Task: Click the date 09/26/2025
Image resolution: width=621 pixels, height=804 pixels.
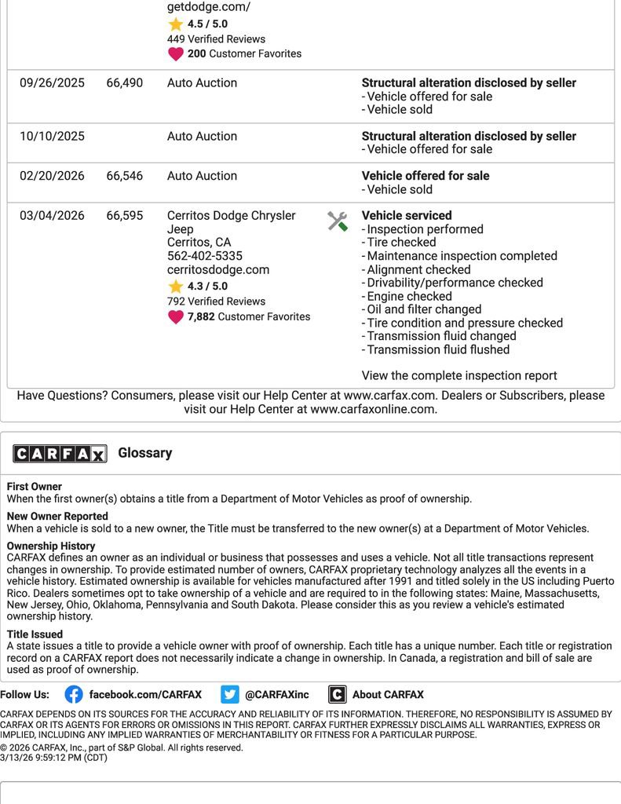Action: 52,82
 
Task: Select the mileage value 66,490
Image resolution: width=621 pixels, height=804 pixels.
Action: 125,82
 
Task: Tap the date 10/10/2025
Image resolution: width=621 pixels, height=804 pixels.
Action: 52,136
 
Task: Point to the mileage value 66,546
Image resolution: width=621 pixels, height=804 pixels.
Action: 125,176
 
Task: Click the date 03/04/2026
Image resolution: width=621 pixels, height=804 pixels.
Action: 52,215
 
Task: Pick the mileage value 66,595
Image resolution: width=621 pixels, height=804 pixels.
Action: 125,215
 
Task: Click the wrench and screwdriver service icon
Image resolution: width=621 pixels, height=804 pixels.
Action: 338,221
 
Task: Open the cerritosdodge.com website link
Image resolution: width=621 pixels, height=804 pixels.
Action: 218,269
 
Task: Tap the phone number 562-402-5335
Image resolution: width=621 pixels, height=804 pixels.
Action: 205,256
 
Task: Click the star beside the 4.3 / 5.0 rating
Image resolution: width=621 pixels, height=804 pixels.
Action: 176,287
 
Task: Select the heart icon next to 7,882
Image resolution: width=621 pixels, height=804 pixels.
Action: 176,317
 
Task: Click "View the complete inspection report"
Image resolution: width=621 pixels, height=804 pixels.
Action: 459,375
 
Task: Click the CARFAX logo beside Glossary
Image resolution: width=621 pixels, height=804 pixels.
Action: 60,453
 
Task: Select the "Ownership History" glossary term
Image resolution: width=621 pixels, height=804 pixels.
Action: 51,546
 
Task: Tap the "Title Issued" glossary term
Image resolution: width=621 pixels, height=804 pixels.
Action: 35,634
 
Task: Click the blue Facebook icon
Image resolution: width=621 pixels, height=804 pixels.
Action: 74,694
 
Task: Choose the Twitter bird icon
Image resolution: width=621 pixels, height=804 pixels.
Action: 230,694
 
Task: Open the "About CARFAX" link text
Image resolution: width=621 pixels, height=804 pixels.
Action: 388,694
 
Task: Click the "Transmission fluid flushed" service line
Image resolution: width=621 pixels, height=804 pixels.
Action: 438,349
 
